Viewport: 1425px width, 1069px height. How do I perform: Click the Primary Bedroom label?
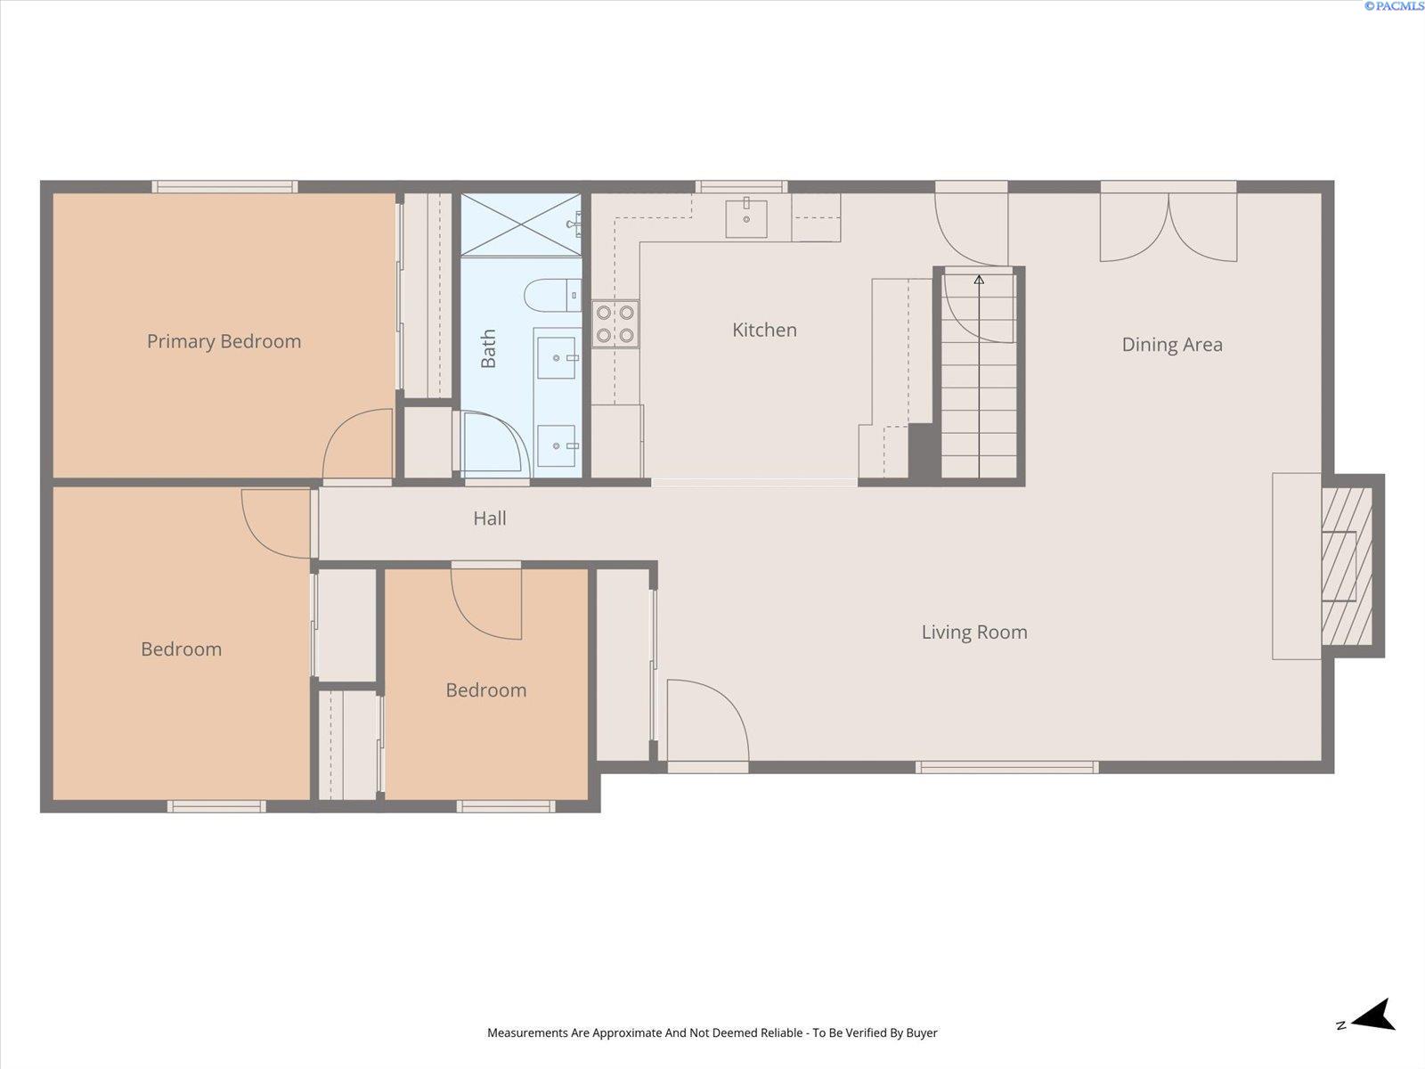(x=224, y=341)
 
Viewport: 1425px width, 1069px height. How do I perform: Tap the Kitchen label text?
(x=764, y=330)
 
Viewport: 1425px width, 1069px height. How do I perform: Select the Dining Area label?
(x=1172, y=344)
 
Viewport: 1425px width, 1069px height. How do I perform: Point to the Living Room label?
(x=974, y=632)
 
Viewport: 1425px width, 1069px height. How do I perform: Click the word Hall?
(x=490, y=518)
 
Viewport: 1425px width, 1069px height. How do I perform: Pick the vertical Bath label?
(x=488, y=348)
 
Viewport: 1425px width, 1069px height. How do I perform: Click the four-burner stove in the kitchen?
(x=615, y=324)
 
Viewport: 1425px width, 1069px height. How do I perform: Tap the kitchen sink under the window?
(x=746, y=218)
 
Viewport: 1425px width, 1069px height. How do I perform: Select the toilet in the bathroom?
(x=553, y=296)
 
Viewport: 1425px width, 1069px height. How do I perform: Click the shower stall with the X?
(x=521, y=224)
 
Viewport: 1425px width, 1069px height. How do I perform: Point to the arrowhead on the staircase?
(x=979, y=280)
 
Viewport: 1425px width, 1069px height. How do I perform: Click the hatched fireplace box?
(x=1348, y=566)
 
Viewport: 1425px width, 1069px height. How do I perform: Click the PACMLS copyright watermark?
(x=1393, y=6)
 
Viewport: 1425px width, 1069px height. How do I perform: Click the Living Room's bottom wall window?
(x=1007, y=767)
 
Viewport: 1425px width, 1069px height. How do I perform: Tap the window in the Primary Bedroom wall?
(x=224, y=187)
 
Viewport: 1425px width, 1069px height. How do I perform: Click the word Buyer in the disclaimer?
(x=922, y=1032)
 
